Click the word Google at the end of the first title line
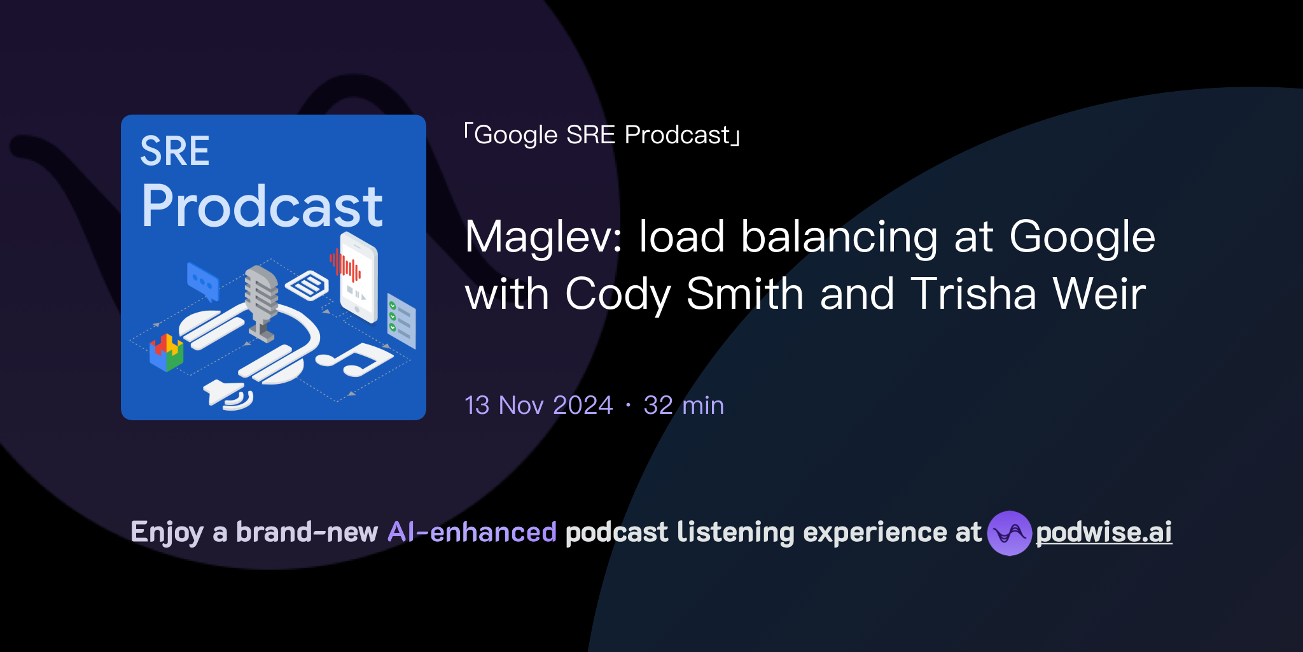[x=1082, y=237]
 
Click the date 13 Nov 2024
[x=538, y=406]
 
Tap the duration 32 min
[x=683, y=406]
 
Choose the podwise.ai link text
[x=1104, y=532]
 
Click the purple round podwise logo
[x=1009, y=533]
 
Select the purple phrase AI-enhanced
[x=472, y=532]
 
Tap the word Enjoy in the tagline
[x=167, y=532]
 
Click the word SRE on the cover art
[x=175, y=152]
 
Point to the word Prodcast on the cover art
[x=262, y=206]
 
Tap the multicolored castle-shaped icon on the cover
[x=167, y=351]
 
